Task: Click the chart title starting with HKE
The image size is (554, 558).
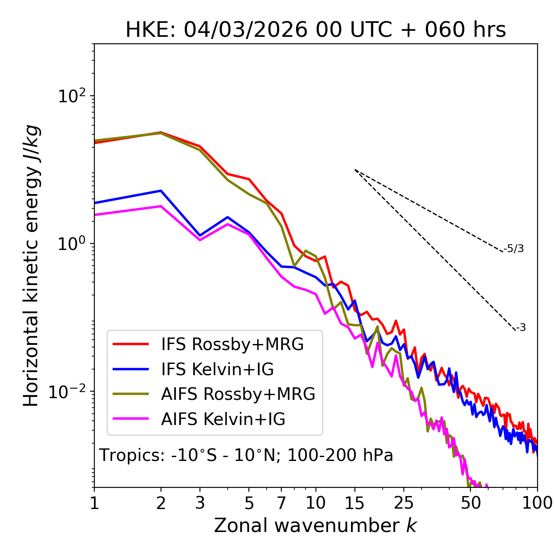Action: [x=316, y=30]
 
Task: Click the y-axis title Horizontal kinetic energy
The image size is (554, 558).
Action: [x=32, y=266]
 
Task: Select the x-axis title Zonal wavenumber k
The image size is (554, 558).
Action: [x=315, y=526]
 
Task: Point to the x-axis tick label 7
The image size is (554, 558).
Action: [x=281, y=503]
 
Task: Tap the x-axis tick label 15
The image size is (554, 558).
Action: [x=354, y=503]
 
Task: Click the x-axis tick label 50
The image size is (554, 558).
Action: [x=470, y=503]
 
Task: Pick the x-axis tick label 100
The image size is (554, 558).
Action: [x=537, y=503]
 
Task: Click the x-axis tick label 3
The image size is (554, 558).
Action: [x=200, y=503]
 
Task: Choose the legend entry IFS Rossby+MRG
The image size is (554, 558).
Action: [x=232, y=344]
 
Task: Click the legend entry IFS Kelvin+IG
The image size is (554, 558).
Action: [x=217, y=369]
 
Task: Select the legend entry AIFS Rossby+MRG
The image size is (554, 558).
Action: [x=238, y=394]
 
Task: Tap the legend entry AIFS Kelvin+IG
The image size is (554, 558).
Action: [x=223, y=419]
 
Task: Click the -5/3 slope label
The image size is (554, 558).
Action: [x=514, y=249]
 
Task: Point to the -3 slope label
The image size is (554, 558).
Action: [x=521, y=328]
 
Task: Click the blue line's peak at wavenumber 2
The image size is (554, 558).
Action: [x=161, y=191]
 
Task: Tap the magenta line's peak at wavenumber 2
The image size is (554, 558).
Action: [x=161, y=206]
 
